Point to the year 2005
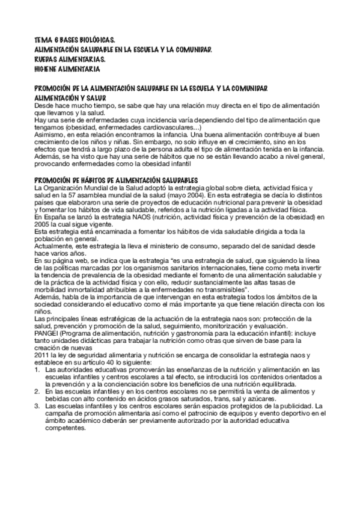[43, 223]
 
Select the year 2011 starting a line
[43, 353]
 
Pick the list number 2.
[37, 390]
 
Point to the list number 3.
[37, 405]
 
